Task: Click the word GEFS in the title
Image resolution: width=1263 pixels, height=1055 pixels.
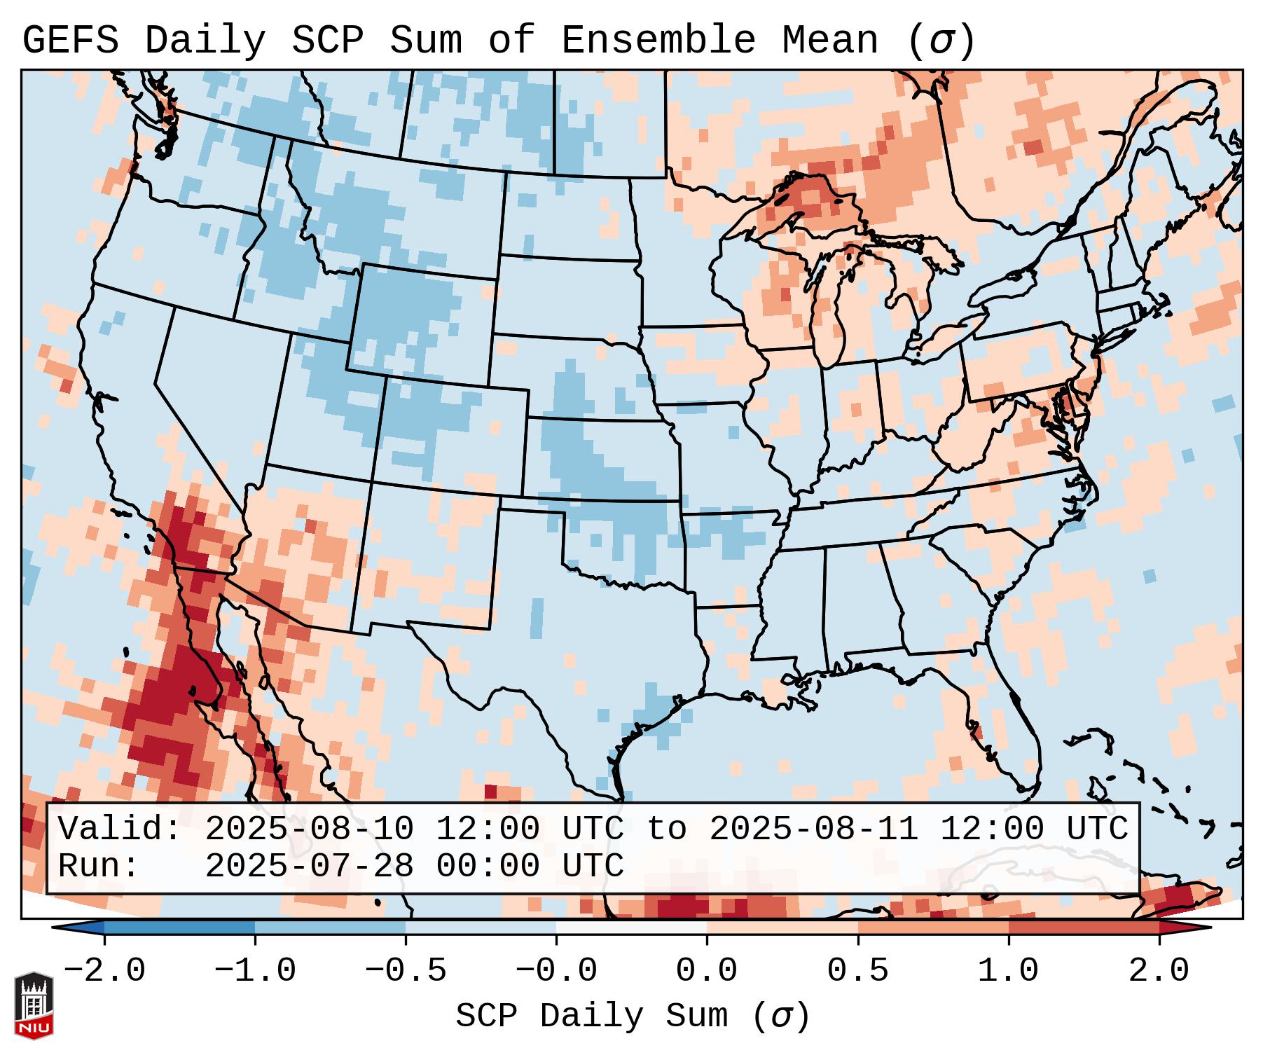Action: click(71, 41)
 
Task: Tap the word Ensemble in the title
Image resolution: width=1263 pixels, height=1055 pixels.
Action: click(658, 41)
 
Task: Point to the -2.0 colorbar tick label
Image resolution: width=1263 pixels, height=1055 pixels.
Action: click(104, 971)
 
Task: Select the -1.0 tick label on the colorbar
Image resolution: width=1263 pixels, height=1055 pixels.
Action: click(255, 971)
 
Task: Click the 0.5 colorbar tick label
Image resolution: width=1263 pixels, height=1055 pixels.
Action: click(857, 971)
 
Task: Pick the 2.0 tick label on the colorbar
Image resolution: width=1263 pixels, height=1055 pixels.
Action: click(1159, 971)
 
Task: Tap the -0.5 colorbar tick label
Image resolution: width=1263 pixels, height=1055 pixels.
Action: click(406, 971)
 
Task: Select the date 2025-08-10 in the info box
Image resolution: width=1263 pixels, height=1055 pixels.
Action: click(310, 829)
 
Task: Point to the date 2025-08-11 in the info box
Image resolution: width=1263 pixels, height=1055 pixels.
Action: click(814, 829)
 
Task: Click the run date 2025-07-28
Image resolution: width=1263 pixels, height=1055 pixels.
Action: click(310, 866)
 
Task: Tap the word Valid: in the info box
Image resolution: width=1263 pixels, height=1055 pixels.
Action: click(120, 829)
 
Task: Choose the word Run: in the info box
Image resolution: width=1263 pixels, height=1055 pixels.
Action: click(99, 866)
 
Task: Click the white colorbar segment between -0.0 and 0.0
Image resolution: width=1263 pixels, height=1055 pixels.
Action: click(631, 928)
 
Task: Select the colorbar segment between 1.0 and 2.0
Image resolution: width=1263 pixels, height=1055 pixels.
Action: click(1084, 928)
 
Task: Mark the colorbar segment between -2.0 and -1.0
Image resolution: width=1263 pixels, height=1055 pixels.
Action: click(179, 928)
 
